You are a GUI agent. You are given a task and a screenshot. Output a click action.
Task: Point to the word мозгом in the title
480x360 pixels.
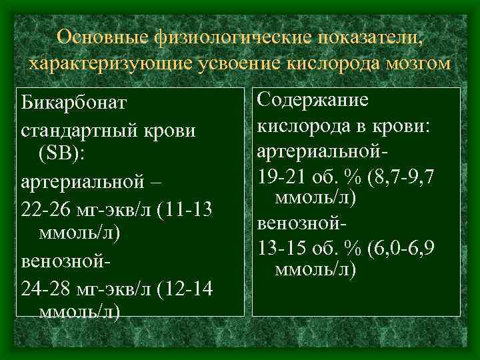416,64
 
